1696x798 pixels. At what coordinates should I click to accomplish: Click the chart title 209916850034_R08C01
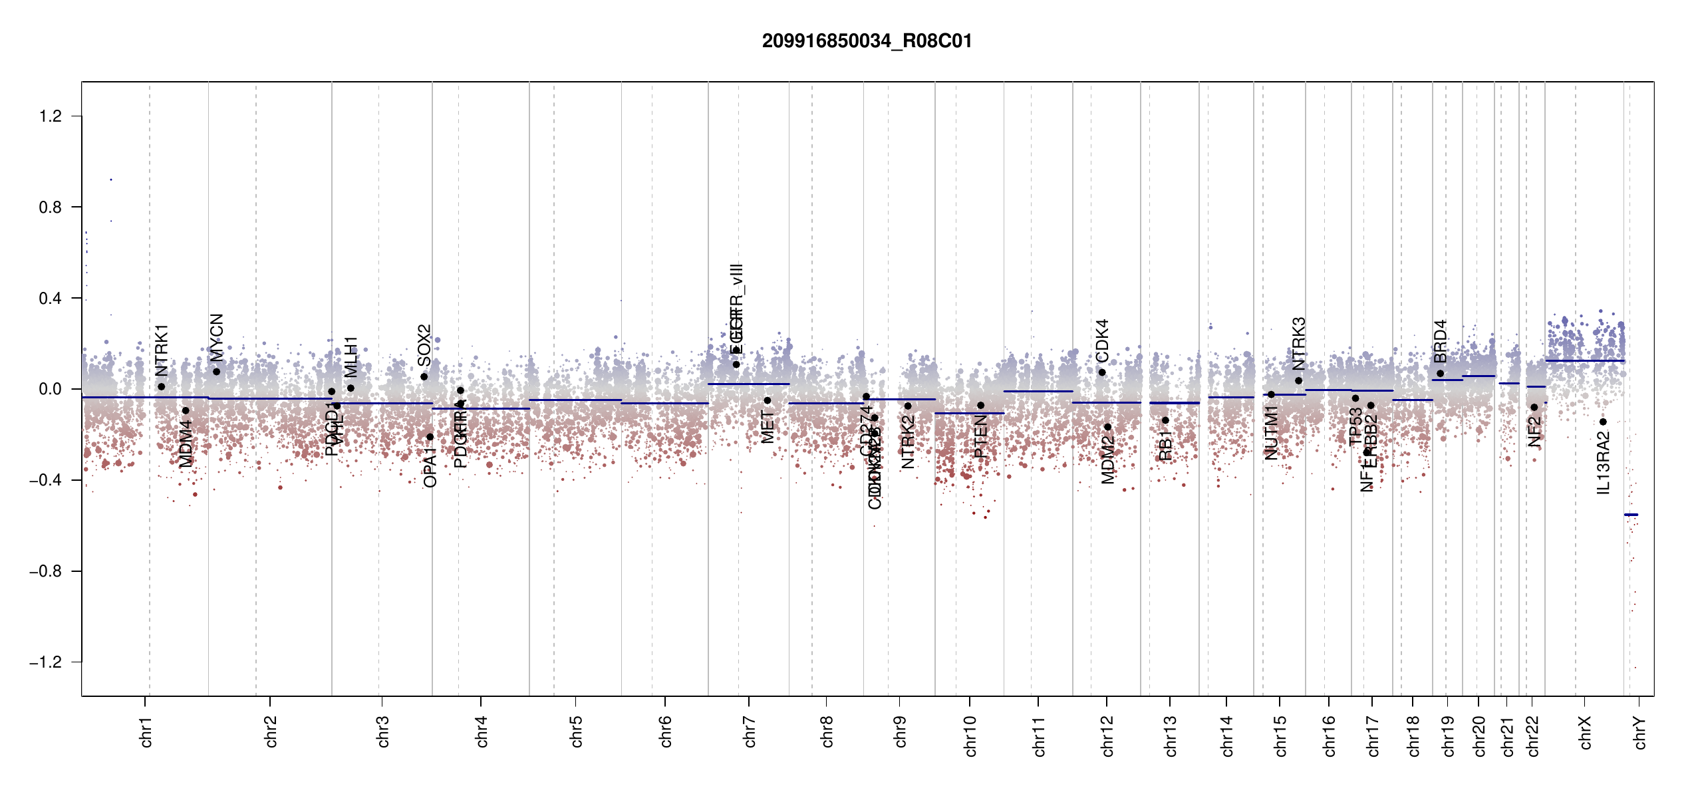[867, 41]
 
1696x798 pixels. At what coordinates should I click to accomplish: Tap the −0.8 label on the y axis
[45, 571]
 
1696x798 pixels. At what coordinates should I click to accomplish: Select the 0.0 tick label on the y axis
[51, 389]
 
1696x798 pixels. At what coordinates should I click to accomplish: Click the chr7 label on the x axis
[750, 731]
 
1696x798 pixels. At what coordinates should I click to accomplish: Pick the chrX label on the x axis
[1585, 733]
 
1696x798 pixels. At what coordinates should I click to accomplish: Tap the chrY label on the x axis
[1639, 733]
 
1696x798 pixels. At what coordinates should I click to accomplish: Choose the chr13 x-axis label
[1170, 735]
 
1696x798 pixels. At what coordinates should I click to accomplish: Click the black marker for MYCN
[216, 372]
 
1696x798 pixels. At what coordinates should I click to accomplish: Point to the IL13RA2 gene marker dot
[1603, 422]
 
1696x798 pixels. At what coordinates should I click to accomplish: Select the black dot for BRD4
[1440, 374]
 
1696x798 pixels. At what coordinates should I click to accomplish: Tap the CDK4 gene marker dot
[1101, 372]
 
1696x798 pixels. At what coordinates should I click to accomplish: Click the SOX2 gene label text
[424, 345]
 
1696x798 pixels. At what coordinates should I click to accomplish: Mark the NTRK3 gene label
[1298, 343]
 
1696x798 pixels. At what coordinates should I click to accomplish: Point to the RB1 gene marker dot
[1165, 420]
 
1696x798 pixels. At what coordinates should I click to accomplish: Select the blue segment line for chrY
[1631, 515]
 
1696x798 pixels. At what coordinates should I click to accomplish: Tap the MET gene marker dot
[767, 400]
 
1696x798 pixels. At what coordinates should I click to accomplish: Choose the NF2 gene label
[1534, 432]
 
